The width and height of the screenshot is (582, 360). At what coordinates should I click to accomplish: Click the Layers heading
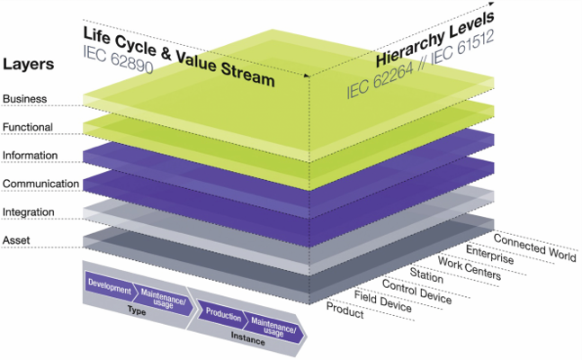pos(30,66)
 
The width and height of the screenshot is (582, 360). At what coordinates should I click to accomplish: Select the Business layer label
pos(24,98)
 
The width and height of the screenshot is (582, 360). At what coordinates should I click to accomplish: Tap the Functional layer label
pos(28,127)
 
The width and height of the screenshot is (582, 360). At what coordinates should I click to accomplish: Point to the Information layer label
pos(31,156)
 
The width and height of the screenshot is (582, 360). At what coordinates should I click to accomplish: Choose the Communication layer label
pos(38,184)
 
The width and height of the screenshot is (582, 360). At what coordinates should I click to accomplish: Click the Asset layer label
pos(17,241)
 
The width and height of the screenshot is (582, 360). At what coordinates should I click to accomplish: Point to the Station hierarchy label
pos(427,274)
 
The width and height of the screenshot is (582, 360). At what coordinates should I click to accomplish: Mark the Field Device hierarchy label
pos(383,301)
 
